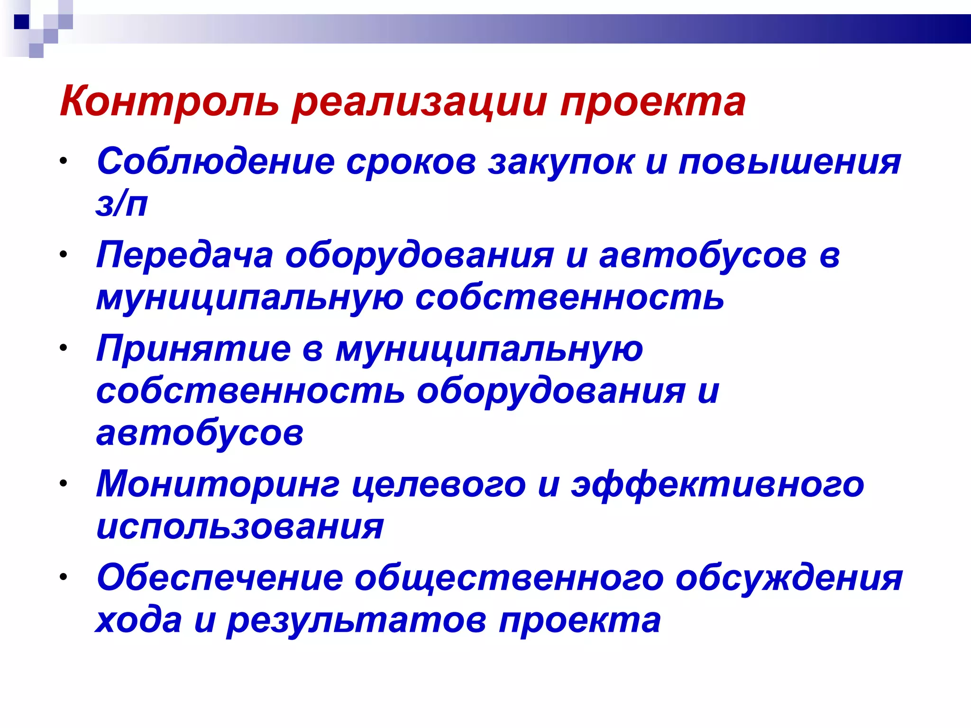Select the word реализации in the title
click(419, 101)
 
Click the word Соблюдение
click(216, 162)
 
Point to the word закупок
click(561, 162)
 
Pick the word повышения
click(789, 162)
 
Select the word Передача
click(184, 255)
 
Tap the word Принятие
click(193, 348)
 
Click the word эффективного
click(717, 484)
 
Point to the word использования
click(240, 527)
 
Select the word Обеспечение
click(220, 578)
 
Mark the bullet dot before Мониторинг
click(64, 483)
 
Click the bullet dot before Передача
click(64, 254)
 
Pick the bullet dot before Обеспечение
click(64, 577)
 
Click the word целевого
click(439, 484)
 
